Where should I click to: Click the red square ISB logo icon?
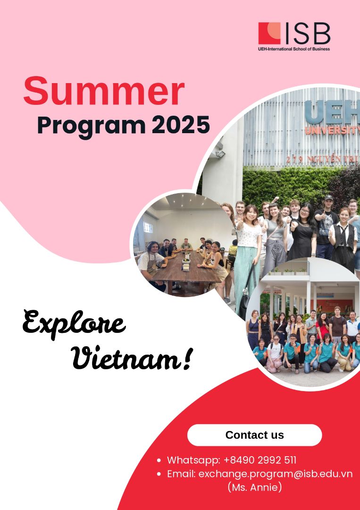(269, 33)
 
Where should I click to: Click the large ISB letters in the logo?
(307, 34)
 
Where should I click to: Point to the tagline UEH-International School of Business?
(294, 49)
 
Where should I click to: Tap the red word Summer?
(104, 91)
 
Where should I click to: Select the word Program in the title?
(92, 125)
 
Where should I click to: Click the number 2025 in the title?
(181, 125)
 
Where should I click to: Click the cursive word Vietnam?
(126, 359)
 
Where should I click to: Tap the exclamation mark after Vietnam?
(186, 358)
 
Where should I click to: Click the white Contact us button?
(254, 435)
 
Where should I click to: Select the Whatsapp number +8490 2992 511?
(260, 460)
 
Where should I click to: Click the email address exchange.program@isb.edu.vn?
(276, 474)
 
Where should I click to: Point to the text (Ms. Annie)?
(254, 487)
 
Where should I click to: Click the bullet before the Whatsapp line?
(159, 460)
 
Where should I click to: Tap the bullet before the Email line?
(159, 474)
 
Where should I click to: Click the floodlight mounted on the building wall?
(220, 154)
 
